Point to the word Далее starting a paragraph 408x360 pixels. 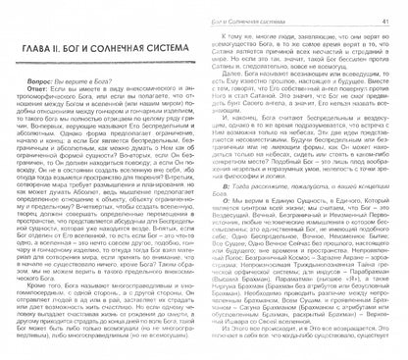[235, 85]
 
